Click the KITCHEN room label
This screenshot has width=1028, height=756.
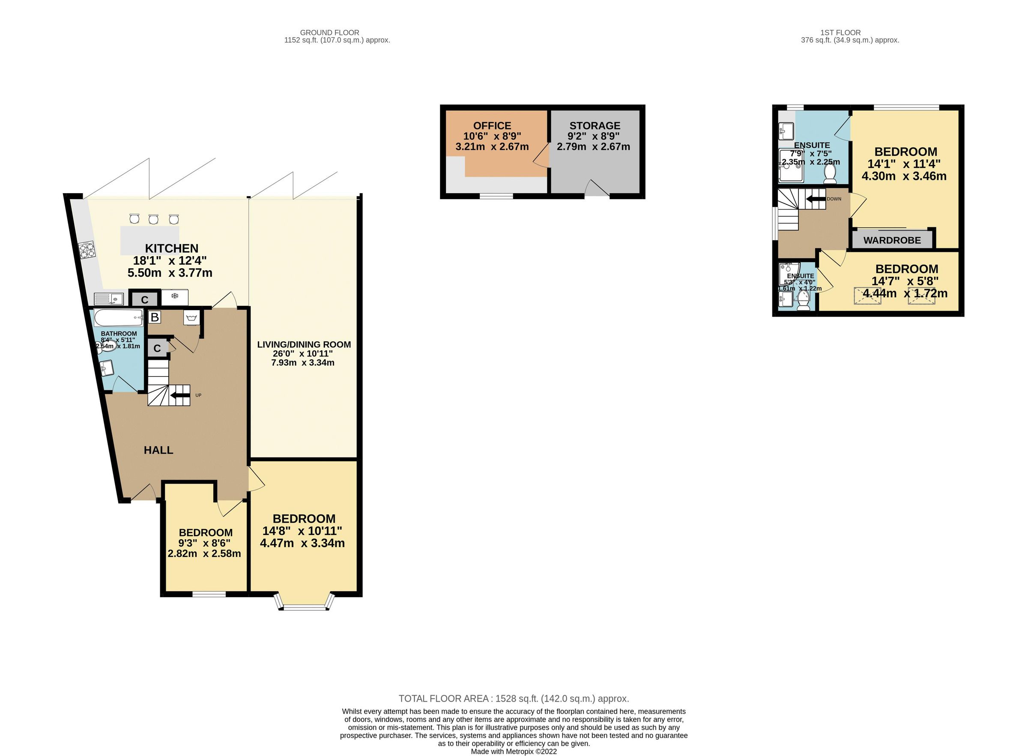click(172, 248)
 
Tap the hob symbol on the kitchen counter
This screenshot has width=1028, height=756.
click(87, 250)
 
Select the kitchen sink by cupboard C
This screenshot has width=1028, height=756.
click(109, 299)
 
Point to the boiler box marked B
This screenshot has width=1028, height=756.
click(155, 317)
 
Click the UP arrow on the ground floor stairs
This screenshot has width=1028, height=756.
click(180, 395)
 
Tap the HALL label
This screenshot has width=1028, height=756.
click(158, 450)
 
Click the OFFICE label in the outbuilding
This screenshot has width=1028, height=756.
click(492, 126)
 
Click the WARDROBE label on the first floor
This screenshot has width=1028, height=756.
click(892, 240)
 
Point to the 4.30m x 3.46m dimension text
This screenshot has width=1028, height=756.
click(903, 176)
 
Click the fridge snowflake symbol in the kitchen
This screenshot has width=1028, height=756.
click(174, 296)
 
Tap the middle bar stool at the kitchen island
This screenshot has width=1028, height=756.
click(153, 219)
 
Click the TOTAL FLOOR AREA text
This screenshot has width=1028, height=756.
click(513, 699)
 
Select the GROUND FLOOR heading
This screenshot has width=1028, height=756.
click(329, 33)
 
